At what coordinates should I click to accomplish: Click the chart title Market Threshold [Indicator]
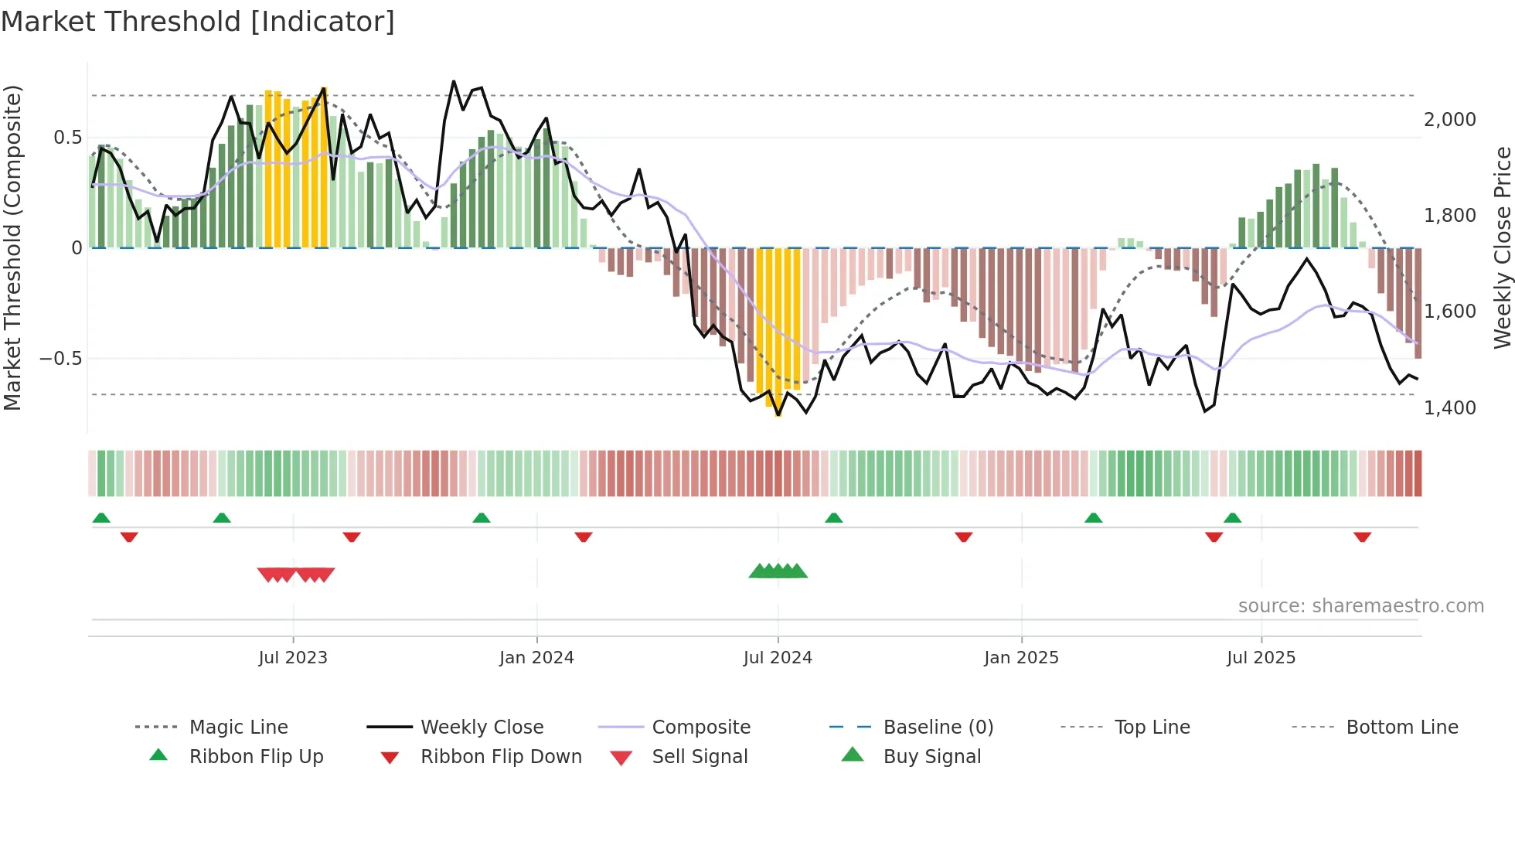[198, 22]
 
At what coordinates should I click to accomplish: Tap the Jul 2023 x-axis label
[293, 657]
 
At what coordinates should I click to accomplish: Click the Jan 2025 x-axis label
[1021, 657]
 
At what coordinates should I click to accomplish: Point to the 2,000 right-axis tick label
[1449, 119]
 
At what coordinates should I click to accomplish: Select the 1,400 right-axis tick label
[1449, 407]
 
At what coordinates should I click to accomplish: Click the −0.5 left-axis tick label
[60, 358]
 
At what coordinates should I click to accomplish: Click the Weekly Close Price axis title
[1502, 247]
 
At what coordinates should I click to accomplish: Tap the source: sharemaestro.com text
[1360, 605]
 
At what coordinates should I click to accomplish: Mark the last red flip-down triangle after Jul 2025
[1362, 537]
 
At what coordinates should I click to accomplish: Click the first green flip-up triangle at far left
[101, 518]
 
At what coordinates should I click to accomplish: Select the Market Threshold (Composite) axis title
[12, 247]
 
